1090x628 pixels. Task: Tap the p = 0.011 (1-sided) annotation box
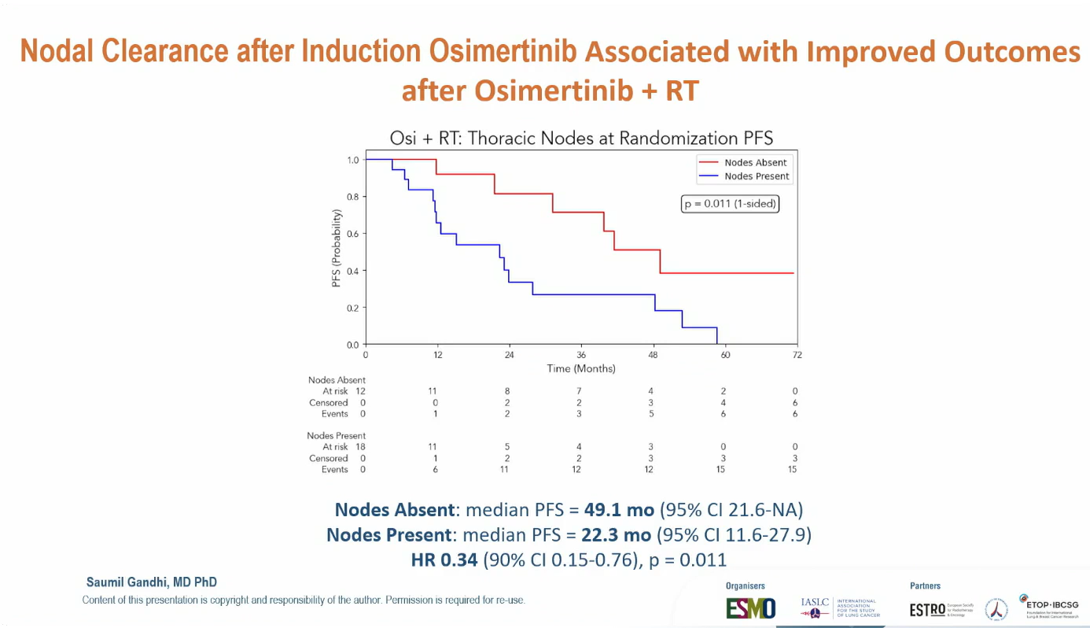pos(730,204)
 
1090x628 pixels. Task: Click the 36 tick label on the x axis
pos(581,355)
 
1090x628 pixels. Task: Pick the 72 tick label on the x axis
pos(797,355)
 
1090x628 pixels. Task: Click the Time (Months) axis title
pos(581,368)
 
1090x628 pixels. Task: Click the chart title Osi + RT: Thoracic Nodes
pos(581,139)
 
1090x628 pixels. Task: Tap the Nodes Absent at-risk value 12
pos(360,391)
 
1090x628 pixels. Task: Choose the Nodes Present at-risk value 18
pos(360,447)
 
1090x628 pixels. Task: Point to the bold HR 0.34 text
pos(444,560)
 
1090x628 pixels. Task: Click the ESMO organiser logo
pos(749,608)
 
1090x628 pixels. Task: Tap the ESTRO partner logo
pos(927,609)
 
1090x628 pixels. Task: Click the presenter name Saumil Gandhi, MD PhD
pos(152,582)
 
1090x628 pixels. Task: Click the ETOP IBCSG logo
pos(1049,608)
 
